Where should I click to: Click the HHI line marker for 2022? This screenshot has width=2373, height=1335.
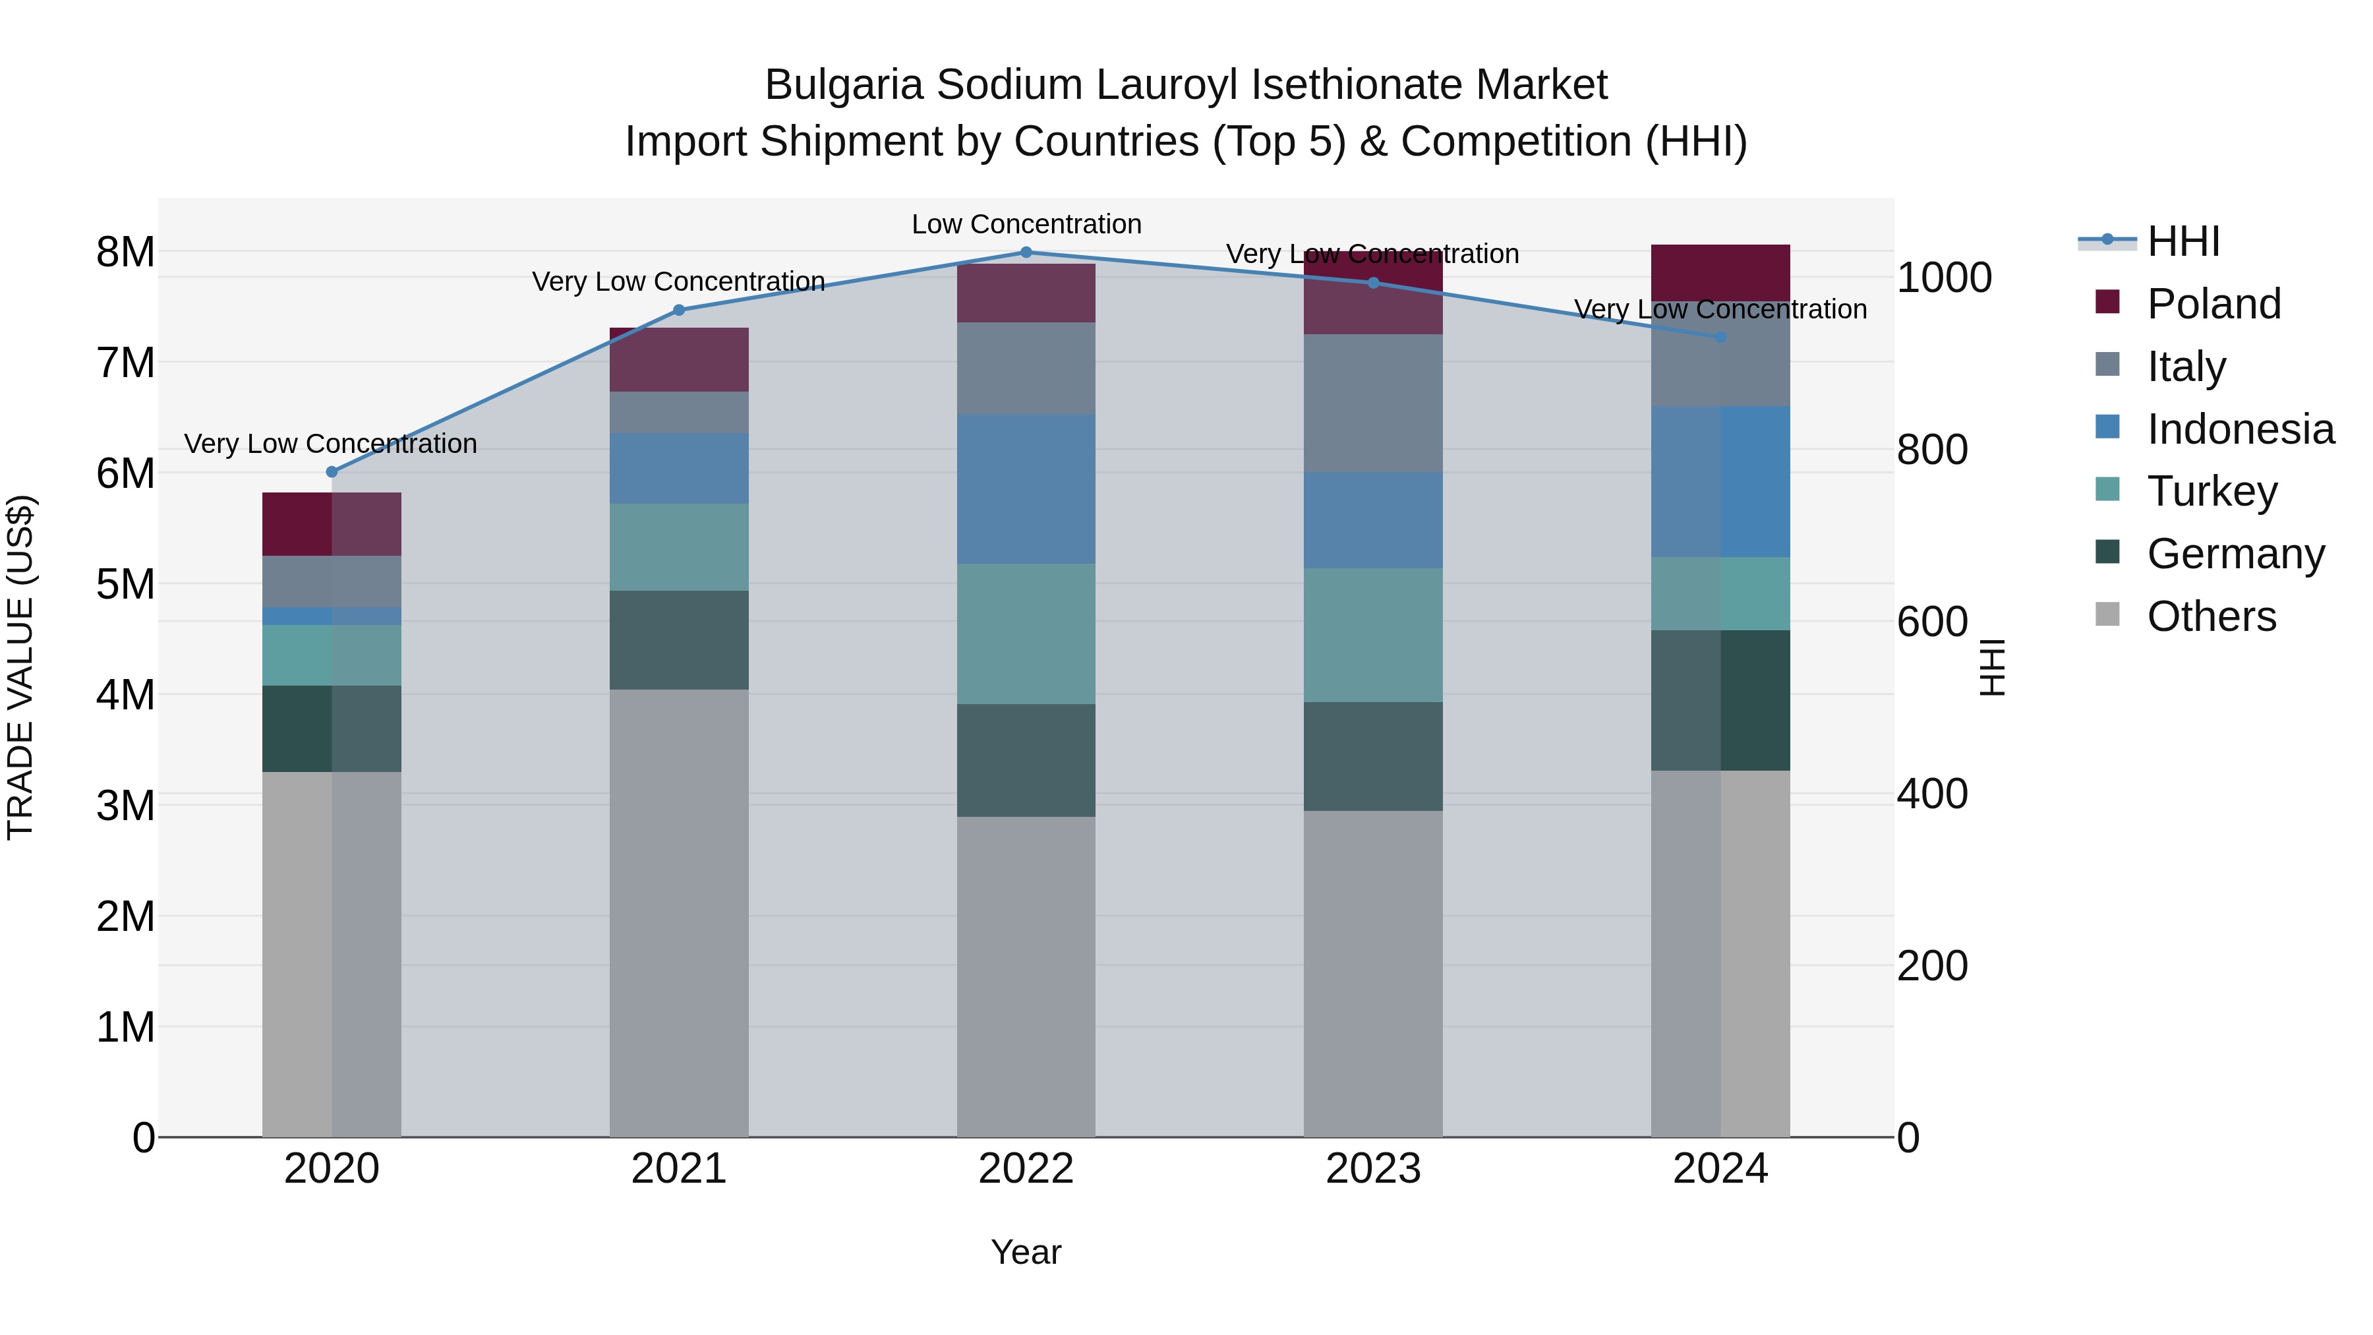1026,252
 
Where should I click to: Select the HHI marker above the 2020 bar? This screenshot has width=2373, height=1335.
332,472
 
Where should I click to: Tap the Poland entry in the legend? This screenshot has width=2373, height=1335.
2213,304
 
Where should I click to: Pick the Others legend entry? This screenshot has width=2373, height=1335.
2210,616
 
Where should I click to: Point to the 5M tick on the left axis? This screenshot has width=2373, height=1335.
125,584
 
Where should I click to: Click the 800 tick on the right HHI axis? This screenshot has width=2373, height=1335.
1932,450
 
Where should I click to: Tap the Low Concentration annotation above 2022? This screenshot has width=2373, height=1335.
1026,225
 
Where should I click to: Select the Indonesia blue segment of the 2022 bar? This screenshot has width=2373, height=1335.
1026,489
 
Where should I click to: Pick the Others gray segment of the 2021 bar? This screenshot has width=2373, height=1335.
679,912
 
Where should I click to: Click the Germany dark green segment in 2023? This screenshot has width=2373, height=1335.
1372,756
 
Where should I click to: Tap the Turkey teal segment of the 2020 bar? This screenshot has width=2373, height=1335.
332,655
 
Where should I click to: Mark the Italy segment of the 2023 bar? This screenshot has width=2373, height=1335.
1372,403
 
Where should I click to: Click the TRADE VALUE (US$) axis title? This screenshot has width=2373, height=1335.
20,667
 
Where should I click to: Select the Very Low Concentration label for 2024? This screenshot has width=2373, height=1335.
1720,310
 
